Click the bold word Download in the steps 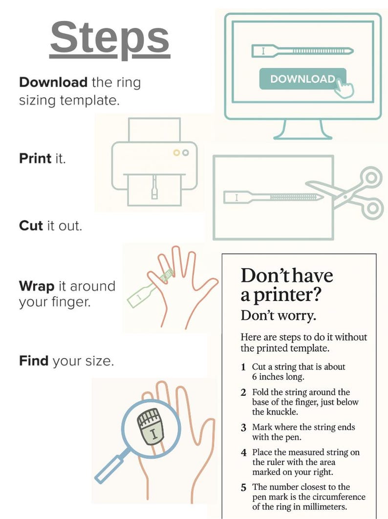tap(53, 82)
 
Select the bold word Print tap(35, 158)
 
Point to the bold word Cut tap(31, 226)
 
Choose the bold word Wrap tap(36, 286)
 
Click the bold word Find tap(33, 361)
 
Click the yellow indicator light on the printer tap(176, 153)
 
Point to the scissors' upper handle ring tap(372, 177)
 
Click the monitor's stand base tap(302, 136)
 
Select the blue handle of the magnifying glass tap(110, 468)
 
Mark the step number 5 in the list tap(243, 488)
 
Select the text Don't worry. tap(279, 316)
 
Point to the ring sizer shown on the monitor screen tap(302, 51)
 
